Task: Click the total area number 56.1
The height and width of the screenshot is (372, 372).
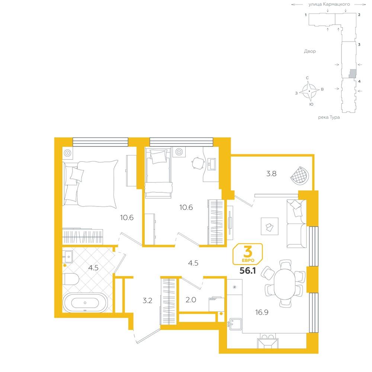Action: [248, 271]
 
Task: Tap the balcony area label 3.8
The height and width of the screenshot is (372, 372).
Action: [271, 174]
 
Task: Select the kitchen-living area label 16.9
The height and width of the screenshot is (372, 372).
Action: [262, 312]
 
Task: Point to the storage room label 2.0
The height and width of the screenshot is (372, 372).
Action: [191, 300]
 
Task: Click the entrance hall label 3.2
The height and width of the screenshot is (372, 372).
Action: [147, 301]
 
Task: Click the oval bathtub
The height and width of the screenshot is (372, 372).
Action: [85, 303]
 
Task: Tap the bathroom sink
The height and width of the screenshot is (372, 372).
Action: [68, 257]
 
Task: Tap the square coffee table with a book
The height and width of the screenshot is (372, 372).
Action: [269, 226]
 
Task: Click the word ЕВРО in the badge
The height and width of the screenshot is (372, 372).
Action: [248, 260]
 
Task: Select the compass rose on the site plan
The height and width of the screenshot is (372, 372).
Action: [309, 91]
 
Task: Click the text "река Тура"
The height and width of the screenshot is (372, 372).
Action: [329, 117]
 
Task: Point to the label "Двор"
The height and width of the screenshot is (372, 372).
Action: [310, 51]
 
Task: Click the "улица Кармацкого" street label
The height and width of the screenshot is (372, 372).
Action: [329, 4]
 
